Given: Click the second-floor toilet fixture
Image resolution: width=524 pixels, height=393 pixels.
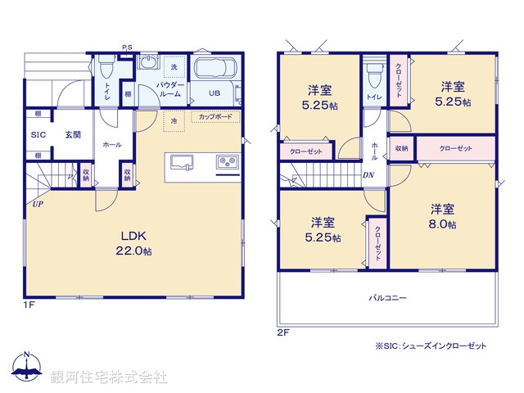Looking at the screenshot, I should click(373, 74).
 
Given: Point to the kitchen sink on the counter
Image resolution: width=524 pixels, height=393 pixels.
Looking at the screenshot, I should click(183, 161).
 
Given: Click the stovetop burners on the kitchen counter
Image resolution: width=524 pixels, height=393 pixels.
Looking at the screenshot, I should click(227, 162).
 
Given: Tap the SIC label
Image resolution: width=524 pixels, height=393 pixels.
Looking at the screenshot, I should click(38, 135).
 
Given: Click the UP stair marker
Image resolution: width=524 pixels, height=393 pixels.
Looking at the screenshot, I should click(38, 203).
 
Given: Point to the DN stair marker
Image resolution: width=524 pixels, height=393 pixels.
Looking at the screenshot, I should click(368, 174).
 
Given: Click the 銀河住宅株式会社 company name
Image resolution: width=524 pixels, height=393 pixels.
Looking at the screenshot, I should click(108, 377).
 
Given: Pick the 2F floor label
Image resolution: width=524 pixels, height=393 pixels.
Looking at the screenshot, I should click(283, 332).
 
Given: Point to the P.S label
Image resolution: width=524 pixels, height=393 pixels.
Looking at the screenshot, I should click(127, 47).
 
